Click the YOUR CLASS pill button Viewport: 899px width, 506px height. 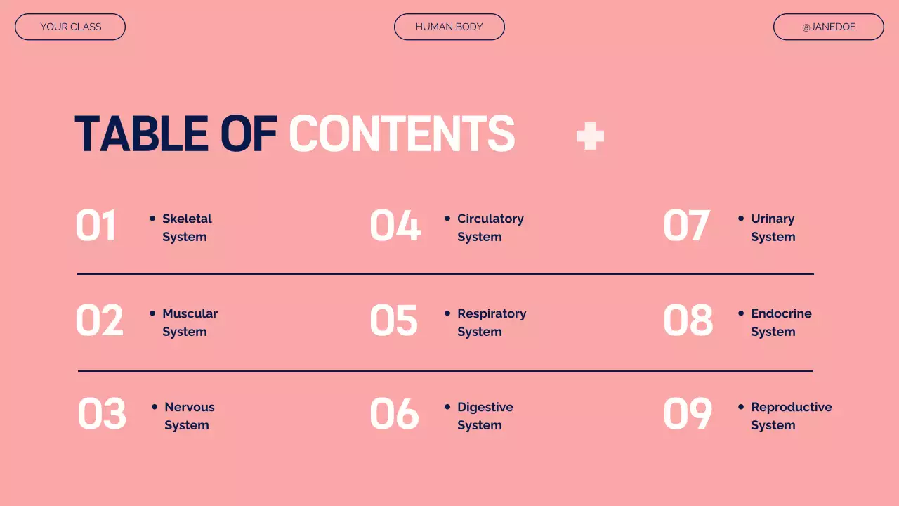pos(70,27)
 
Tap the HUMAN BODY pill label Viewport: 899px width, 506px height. pos(449,27)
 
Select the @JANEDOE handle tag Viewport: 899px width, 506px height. pos(829,27)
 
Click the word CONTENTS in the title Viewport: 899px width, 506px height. pos(402,134)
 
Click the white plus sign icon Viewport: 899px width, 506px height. pos(590,136)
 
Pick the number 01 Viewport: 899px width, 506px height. pos(96,226)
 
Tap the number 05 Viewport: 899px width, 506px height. pos(394,320)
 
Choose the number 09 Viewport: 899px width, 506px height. pos(688,413)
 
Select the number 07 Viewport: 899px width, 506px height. pos(687,226)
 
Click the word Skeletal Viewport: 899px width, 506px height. pos(187,219)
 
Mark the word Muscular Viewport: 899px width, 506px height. pos(190,313)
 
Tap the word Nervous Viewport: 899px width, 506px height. pos(190,407)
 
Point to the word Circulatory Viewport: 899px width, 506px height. pos(490,219)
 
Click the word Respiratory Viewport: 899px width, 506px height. pos(492,313)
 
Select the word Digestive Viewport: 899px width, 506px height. pos(485,407)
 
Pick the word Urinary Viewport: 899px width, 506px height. pos(773,219)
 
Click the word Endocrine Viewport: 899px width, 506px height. pos(781,313)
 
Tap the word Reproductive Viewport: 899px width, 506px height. pos(792,407)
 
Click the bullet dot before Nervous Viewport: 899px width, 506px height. pos(155,407)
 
